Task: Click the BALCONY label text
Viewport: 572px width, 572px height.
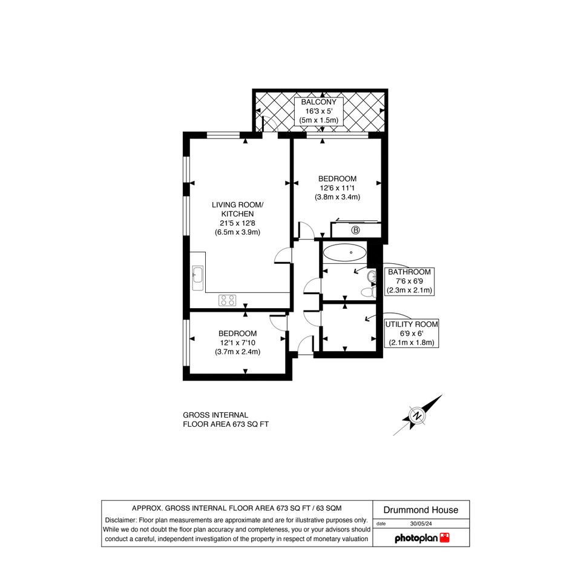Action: [x=318, y=102]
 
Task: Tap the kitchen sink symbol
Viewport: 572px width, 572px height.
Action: [x=198, y=278]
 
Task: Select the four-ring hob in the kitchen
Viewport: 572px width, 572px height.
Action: [x=227, y=300]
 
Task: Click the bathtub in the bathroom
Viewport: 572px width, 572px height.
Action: [x=344, y=252]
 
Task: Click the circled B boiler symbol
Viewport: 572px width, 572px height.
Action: [x=355, y=230]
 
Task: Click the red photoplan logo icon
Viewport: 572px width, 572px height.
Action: [x=445, y=537]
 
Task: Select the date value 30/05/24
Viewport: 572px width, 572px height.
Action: [x=421, y=524]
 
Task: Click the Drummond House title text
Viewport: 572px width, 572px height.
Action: [x=421, y=510]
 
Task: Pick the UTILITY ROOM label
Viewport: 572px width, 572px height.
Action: [x=412, y=324]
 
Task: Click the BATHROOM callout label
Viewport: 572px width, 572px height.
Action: [x=409, y=272]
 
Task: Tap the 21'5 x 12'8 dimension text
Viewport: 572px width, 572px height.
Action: [x=237, y=223]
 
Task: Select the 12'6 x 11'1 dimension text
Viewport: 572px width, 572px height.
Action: [x=337, y=188]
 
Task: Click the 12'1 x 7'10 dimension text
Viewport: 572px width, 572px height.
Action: [x=237, y=343]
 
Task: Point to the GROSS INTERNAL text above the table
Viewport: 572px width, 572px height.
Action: [x=215, y=415]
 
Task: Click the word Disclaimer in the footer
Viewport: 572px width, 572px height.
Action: [x=120, y=520]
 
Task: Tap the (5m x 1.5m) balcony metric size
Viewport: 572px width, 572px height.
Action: [x=318, y=120]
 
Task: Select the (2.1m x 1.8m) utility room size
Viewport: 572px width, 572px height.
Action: [x=412, y=343]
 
